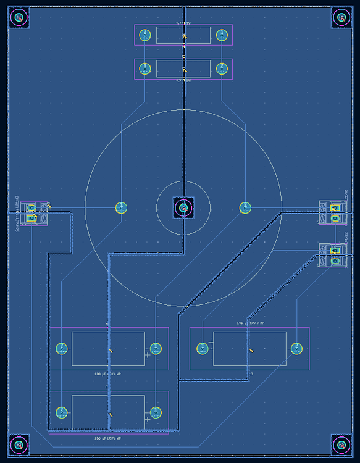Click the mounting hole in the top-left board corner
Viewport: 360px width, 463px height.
click(19, 18)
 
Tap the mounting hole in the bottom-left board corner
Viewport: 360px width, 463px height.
click(19, 444)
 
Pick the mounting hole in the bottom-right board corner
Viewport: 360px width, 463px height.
click(341, 444)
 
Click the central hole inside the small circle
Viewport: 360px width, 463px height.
click(183, 208)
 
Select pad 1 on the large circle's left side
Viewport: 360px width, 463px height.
click(121, 208)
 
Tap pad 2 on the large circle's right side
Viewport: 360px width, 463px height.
click(245, 208)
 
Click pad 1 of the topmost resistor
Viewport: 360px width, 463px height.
click(222, 35)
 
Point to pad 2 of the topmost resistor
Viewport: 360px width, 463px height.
click(144, 35)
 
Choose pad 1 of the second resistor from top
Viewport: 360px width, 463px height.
click(144, 69)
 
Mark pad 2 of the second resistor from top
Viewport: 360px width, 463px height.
click(222, 69)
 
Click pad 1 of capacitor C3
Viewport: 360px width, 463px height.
click(203, 349)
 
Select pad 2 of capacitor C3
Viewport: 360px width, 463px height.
click(296, 349)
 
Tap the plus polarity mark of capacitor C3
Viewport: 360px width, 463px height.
click(211, 342)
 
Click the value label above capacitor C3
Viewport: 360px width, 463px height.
click(250, 323)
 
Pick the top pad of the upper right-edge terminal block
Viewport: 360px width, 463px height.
click(335, 208)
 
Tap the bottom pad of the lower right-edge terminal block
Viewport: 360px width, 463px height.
click(335, 261)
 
